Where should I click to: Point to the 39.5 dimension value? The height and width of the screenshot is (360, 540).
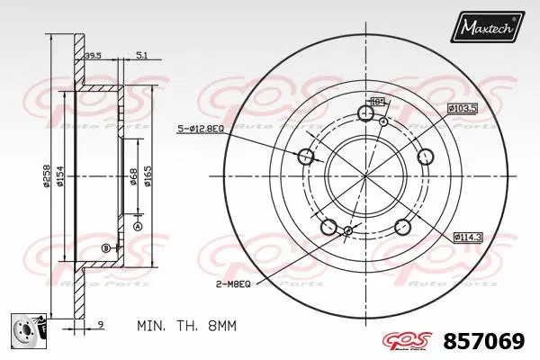point(93,56)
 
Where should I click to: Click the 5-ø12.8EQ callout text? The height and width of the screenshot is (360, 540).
point(200,130)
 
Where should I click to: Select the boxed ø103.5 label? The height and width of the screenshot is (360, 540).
point(462,109)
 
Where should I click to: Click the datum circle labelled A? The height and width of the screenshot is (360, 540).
point(138,227)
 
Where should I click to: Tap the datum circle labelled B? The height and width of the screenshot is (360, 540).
point(105,247)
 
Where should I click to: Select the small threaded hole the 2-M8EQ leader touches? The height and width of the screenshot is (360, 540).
point(348,231)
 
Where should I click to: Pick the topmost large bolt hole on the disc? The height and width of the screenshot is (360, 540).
point(365,113)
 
